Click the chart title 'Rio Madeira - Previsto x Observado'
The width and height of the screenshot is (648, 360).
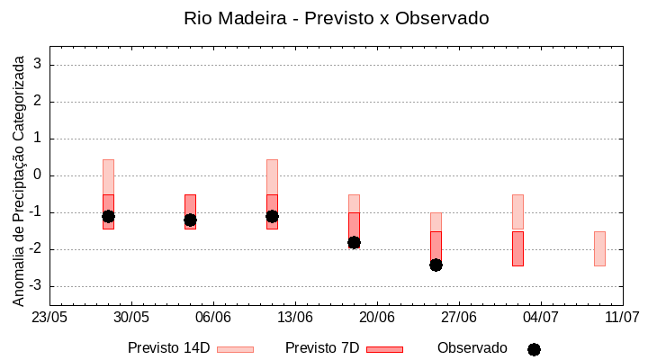click(x=336, y=18)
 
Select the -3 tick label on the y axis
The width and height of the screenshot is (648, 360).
click(x=36, y=286)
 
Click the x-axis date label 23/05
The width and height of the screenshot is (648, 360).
click(x=49, y=318)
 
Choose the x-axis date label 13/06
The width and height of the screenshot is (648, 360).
click(x=295, y=318)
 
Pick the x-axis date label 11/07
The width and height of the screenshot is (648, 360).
click(x=622, y=318)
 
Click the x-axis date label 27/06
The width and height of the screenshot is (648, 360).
click(x=459, y=318)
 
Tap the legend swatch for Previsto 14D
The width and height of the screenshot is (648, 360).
click(x=235, y=349)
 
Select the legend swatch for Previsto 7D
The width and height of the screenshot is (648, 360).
click(x=384, y=349)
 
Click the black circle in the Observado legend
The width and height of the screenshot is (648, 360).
click(x=534, y=349)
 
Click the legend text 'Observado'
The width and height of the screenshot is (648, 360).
click(x=472, y=347)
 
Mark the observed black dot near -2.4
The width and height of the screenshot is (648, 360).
click(x=436, y=265)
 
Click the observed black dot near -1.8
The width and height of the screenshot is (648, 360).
click(x=354, y=242)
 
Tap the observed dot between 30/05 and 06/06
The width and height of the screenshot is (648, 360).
click(x=190, y=220)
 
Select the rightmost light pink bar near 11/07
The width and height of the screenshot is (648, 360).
click(x=599, y=248)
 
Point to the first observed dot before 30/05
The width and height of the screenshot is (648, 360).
click(x=108, y=216)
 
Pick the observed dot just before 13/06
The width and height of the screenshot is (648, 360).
click(x=272, y=216)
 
